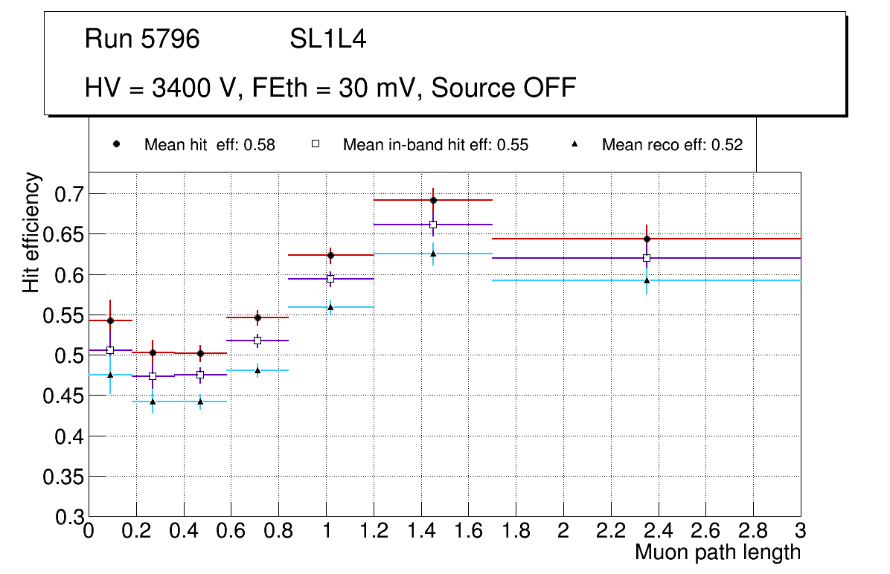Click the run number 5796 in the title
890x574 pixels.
[170, 39]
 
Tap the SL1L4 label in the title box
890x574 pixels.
[328, 39]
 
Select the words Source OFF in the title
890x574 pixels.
[504, 88]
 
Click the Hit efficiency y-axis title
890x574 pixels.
[31, 232]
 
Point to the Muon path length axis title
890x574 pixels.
[717, 552]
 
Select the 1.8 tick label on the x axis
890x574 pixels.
[516, 531]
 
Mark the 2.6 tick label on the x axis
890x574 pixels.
[705, 531]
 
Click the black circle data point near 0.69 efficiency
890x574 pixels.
[433, 200]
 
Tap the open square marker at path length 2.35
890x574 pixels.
[647, 258]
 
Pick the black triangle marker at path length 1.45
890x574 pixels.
[433, 254]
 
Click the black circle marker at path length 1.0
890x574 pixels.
[330, 255]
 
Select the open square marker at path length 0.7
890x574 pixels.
[257, 341]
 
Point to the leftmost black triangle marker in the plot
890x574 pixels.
[110, 375]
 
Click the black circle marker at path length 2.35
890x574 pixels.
[647, 239]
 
